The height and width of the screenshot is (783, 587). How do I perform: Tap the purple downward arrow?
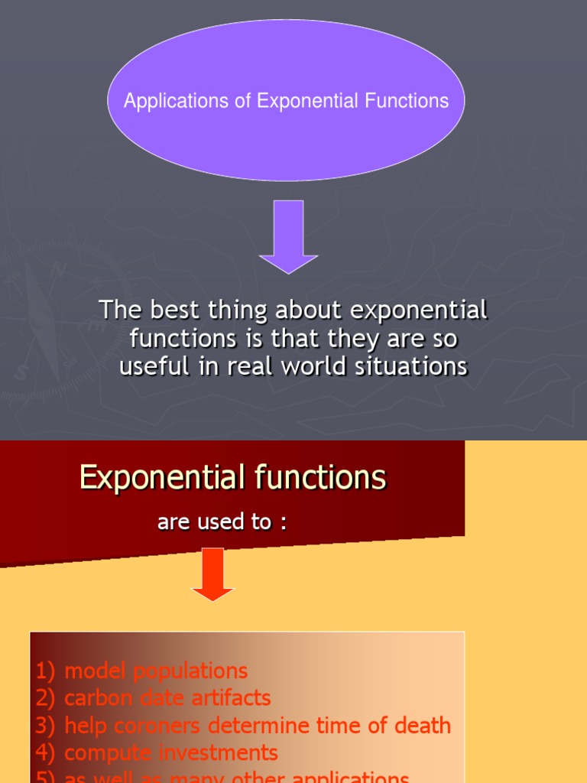[288, 237]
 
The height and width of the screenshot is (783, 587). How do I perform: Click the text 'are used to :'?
[222, 522]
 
